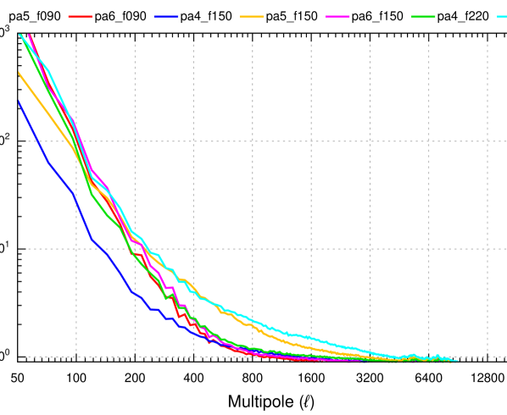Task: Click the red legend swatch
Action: click(81, 17)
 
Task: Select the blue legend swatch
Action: click(166, 17)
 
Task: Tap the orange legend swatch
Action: click(252, 17)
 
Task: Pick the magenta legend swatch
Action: click(337, 17)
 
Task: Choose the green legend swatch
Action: click(423, 17)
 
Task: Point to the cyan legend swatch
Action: click(501, 17)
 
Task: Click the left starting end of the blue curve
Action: click(18, 102)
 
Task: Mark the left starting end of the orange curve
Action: click(18, 73)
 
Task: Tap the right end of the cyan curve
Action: click(458, 361)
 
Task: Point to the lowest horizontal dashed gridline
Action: click(254, 357)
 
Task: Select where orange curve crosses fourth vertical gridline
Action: click(252, 324)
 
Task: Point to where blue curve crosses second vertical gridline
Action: click(135, 294)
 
